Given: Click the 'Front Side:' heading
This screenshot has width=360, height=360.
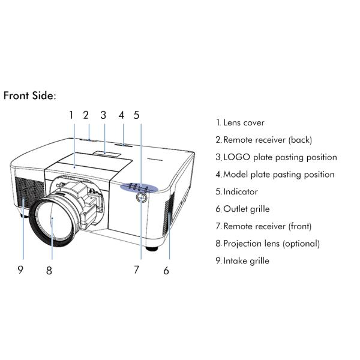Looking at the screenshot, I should (x=29, y=95).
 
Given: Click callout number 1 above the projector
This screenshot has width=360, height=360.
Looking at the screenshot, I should (x=71, y=114).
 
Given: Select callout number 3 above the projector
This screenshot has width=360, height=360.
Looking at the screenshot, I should (x=103, y=114).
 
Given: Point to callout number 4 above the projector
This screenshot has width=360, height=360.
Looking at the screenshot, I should (x=121, y=114).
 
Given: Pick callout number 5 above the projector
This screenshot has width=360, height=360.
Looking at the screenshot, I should (x=136, y=114).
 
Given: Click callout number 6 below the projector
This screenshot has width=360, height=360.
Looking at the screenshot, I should (x=166, y=271).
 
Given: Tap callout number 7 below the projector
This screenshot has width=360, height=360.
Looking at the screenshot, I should (x=136, y=269).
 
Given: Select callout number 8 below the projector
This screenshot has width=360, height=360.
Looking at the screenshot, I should (x=49, y=271).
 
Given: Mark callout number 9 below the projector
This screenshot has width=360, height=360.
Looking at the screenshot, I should (x=20, y=269).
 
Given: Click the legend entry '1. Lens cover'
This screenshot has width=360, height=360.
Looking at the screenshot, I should (x=240, y=122).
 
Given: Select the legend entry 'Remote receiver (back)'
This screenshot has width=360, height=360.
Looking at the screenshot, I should (x=264, y=140).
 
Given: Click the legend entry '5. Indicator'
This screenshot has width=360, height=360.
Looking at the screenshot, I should (x=237, y=192).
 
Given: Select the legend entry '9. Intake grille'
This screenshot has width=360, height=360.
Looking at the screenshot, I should (x=242, y=261).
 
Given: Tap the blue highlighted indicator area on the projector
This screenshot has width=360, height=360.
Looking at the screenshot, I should (x=139, y=187).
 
